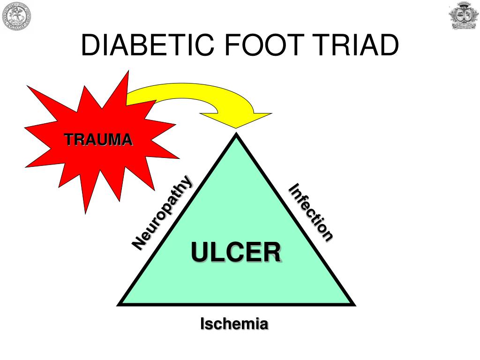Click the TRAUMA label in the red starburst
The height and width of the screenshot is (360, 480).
pyautogui.click(x=98, y=140)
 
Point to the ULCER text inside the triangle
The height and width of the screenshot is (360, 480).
pyautogui.click(x=236, y=252)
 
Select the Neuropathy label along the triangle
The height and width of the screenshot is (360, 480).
pyautogui.click(x=162, y=213)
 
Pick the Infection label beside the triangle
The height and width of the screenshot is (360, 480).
pyautogui.click(x=310, y=212)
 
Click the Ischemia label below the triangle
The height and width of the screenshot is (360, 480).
pyautogui.click(x=234, y=323)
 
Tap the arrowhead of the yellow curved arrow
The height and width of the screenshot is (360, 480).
pyautogui.click(x=236, y=120)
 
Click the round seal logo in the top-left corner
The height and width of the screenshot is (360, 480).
pyautogui.click(x=16, y=16)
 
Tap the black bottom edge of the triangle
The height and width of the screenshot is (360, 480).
pyautogui.click(x=236, y=304)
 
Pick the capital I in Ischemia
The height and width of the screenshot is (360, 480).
pyautogui.click(x=202, y=323)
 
